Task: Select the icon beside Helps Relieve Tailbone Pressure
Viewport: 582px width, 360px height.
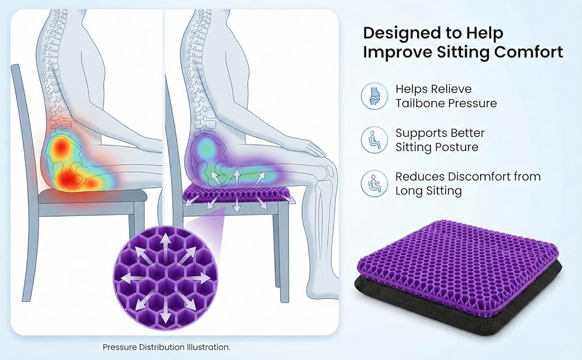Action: tap(374, 96)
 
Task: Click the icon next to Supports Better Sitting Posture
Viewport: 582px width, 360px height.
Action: tap(374, 140)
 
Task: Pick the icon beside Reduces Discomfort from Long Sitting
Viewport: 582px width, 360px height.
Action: tap(374, 184)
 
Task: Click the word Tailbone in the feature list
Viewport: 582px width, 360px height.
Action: tap(417, 103)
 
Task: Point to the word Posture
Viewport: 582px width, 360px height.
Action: tap(457, 148)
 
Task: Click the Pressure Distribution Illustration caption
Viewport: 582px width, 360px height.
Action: tap(166, 347)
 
